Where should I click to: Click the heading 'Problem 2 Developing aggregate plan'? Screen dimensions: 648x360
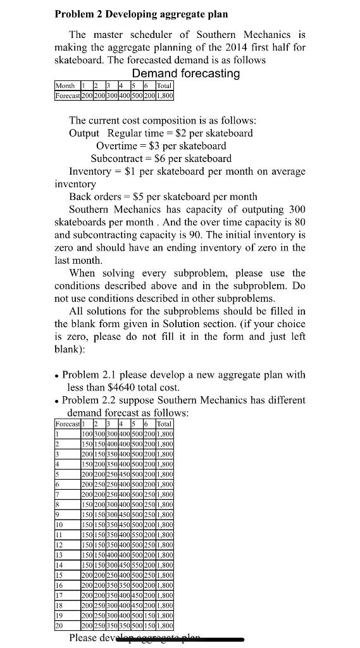141,13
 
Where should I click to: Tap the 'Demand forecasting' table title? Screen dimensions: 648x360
185,73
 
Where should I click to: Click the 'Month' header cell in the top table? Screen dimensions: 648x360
65,85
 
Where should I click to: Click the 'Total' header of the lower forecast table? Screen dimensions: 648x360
163,423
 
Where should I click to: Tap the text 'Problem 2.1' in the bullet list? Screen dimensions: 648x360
89,375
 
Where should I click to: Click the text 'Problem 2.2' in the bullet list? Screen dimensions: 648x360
89,400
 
